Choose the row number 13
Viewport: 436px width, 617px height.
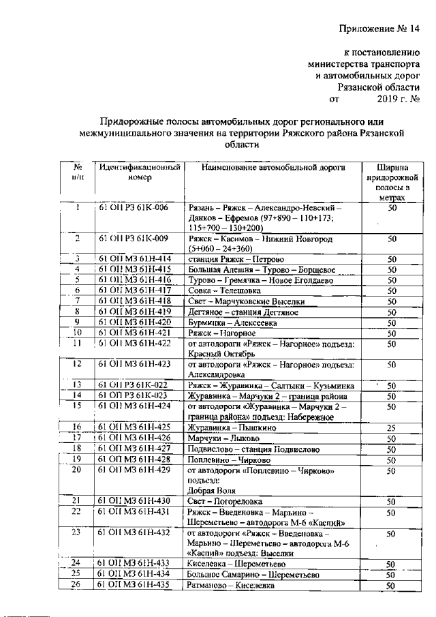tap(78, 385)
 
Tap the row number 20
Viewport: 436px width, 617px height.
tap(78, 470)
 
